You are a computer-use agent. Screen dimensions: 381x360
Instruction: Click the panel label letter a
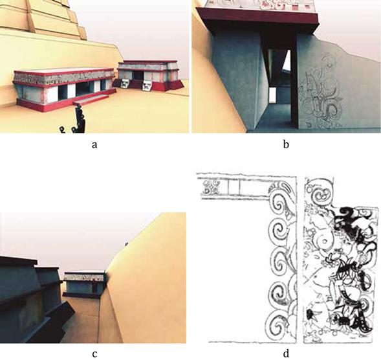[94, 145]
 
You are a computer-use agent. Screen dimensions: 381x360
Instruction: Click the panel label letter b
[286, 144]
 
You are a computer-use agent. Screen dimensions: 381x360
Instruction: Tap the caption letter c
[94, 354]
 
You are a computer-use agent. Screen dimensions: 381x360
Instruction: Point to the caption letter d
[287, 353]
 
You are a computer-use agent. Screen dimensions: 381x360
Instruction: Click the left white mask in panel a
[125, 83]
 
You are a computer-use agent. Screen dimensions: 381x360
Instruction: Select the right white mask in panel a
[147, 86]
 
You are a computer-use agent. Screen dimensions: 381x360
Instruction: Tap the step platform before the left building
[91, 100]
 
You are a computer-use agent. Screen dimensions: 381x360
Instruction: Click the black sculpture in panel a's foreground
[77, 119]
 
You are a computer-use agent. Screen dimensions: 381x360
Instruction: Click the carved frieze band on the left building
[63, 76]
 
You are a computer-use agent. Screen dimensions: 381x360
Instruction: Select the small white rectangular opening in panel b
[272, 95]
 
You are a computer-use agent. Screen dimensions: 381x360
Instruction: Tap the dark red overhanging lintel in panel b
[257, 19]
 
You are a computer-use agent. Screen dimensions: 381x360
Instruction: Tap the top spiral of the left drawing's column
[280, 205]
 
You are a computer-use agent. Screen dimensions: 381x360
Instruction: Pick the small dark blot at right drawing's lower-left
[310, 314]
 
